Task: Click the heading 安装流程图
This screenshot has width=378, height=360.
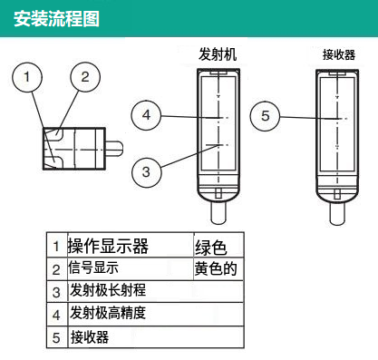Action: pyautogui.click(x=56, y=19)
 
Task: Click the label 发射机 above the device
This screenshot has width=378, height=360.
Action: pyautogui.click(x=218, y=54)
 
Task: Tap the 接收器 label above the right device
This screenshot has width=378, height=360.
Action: pyautogui.click(x=339, y=55)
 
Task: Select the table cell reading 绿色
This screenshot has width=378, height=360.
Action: pyautogui.click(x=210, y=248)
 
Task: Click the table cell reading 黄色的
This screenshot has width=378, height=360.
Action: pyautogui.click(x=216, y=268)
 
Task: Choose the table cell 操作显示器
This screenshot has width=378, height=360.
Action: pyautogui.click(x=108, y=246)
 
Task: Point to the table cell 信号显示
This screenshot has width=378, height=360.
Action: pyautogui.click(x=93, y=268)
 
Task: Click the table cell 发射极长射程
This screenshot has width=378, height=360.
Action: pyautogui.click(x=108, y=290)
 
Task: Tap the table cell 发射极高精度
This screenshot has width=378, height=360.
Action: pyautogui.click(x=108, y=313)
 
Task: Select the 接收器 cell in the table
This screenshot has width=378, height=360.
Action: pyautogui.click(x=90, y=337)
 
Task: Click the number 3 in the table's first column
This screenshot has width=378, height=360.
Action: pyautogui.click(x=56, y=292)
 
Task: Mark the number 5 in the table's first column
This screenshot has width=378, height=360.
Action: pyautogui.click(x=56, y=338)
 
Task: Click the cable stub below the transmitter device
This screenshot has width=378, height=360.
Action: pyautogui.click(x=218, y=213)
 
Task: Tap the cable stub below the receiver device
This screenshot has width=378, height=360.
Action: pyautogui.click(x=337, y=214)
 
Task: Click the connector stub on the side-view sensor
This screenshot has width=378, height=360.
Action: pyautogui.click(x=114, y=148)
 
